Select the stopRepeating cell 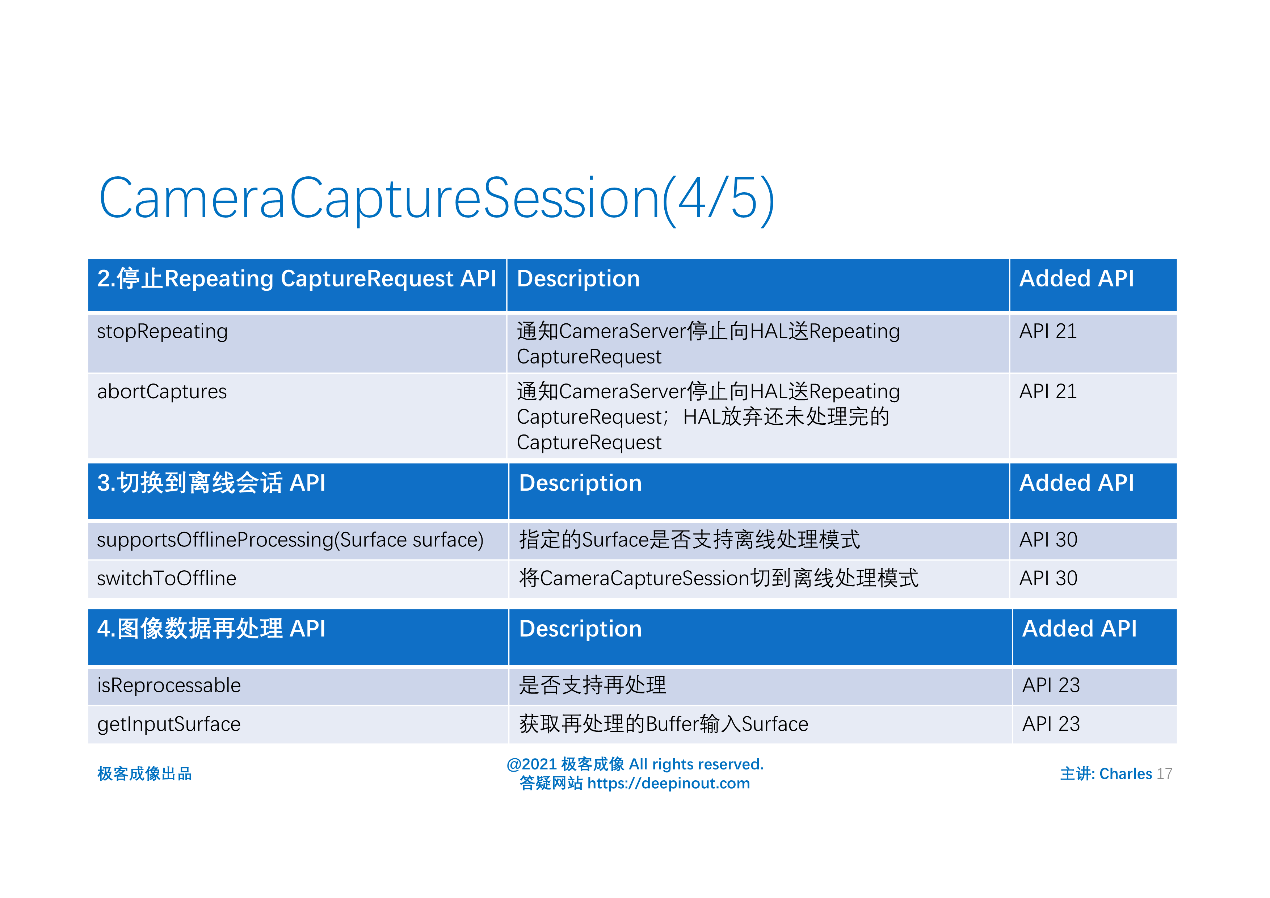162,331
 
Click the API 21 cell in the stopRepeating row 1048,331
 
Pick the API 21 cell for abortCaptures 1048,392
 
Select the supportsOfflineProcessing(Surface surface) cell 290,540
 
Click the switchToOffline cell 167,579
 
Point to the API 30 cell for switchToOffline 1048,579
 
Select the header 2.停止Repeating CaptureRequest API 297,279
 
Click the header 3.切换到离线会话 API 211,483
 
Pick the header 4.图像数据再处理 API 211,629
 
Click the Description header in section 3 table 580,483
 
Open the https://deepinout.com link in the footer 668,784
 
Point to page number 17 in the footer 1164,774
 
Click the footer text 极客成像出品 144,774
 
